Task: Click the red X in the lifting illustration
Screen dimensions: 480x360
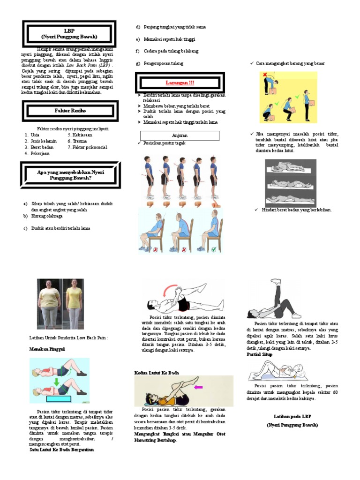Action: [265, 75]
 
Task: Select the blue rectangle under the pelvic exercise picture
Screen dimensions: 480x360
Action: [59, 399]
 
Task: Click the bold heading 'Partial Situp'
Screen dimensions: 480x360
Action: [260, 355]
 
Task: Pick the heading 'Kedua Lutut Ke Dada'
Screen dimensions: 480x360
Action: [157, 372]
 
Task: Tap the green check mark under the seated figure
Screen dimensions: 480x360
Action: [214, 250]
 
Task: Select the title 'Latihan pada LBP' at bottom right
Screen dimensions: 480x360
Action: [292, 416]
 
